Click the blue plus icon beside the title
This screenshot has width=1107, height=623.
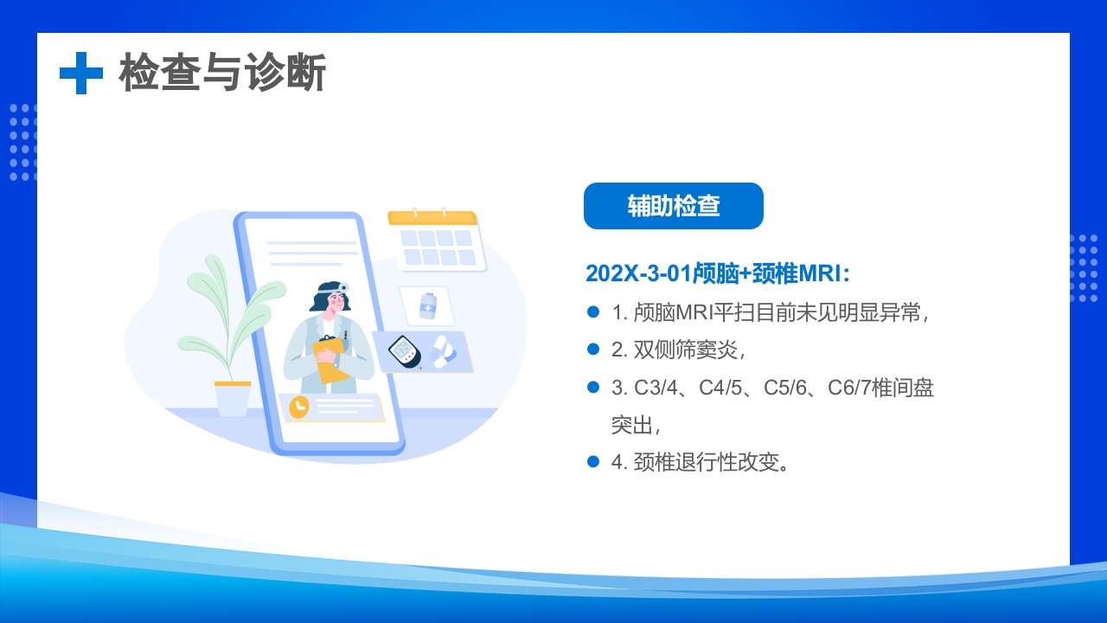80,73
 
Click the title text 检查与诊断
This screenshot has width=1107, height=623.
222,73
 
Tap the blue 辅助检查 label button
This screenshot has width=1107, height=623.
673,206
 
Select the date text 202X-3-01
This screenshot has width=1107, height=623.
638,273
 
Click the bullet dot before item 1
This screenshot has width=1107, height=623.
593,311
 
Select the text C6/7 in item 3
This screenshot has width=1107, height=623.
850,388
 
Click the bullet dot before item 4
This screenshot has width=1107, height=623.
593,461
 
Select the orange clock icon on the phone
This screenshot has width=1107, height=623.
298,407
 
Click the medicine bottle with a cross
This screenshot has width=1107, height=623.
427,306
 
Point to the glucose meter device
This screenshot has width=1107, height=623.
404,351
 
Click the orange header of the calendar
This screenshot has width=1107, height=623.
432,218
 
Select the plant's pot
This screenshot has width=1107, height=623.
233,399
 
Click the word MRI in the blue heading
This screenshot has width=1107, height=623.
817,273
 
